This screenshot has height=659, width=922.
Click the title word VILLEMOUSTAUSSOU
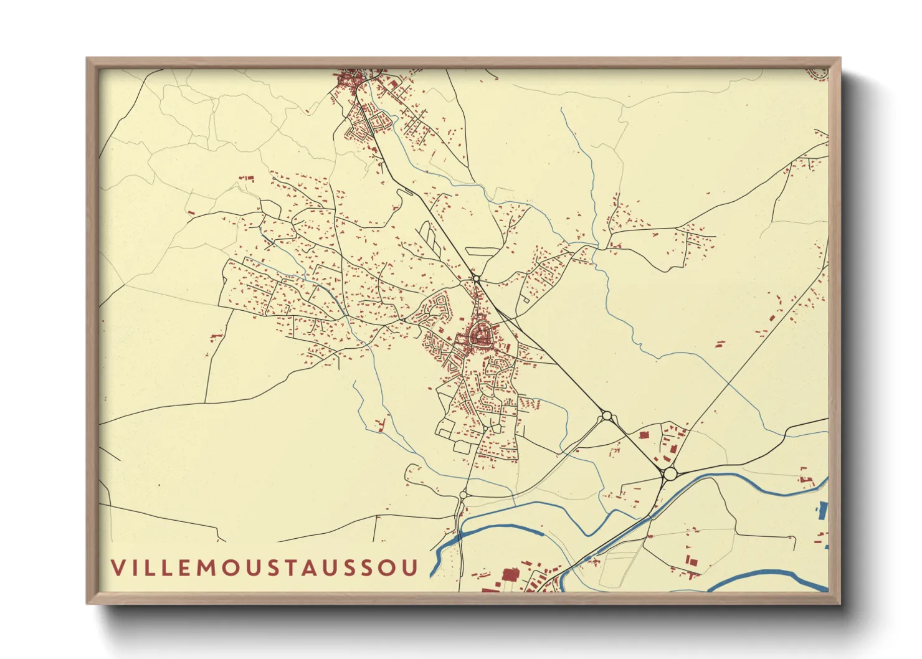(265, 567)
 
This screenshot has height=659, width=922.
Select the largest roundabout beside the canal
(670, 474)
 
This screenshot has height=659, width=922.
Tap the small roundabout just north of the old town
(476, 278)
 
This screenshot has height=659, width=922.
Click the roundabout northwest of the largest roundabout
(606, 415)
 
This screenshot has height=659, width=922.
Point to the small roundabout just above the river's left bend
(463, 495)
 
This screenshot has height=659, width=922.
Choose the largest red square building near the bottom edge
(511, 574)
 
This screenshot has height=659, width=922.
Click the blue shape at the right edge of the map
(822, 511)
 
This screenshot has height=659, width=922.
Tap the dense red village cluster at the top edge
(348, 80)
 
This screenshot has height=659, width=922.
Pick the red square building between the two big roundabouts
(644, 435)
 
